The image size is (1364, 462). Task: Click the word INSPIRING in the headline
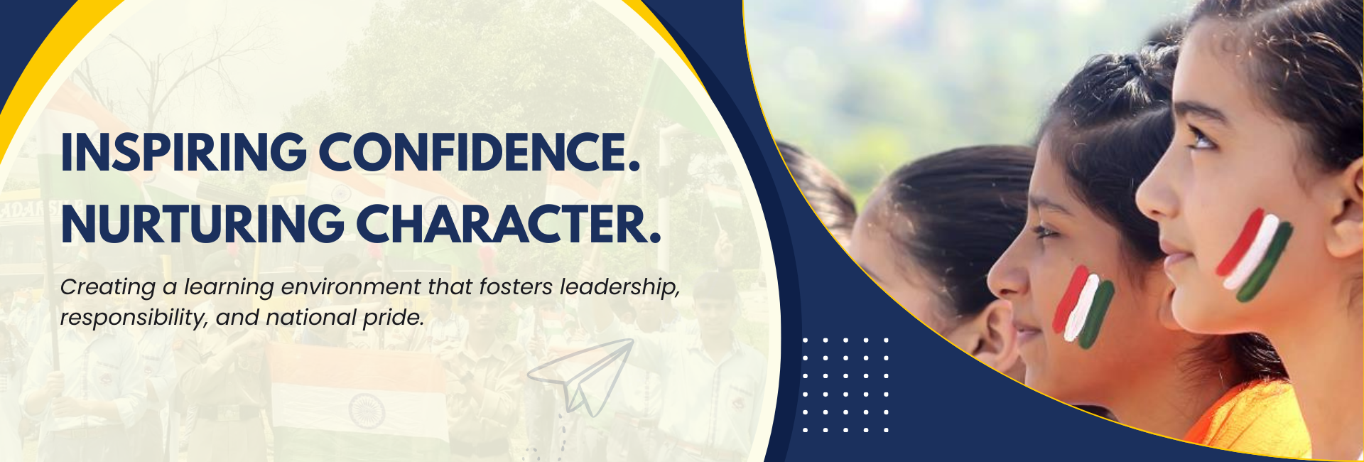[x=184, y=152]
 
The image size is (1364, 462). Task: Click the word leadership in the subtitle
[x=619, y=287]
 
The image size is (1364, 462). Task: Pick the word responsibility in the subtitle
[x=133, y=318]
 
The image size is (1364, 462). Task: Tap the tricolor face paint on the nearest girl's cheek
[x=1254, y=255]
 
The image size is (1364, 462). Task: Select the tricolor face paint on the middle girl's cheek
[x=1083, y=307]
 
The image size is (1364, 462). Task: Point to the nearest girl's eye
[x=1201, y=139]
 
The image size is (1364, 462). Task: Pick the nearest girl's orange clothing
[x=1250, y=419]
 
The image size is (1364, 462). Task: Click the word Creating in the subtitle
[x=107, y=287]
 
